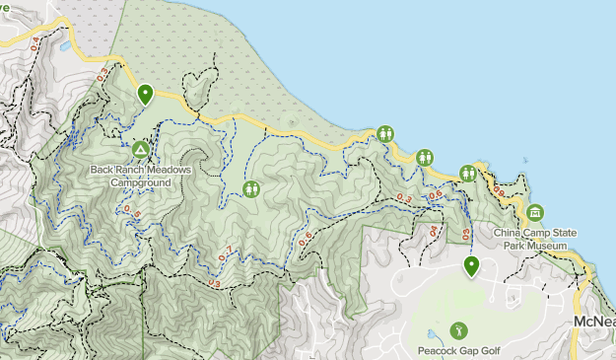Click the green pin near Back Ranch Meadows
(145, 94)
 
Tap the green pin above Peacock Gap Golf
(471, 264)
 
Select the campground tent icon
(140, 150)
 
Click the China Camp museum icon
(535, 212)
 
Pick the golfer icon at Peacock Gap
(457, 330)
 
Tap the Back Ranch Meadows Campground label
(140, 176)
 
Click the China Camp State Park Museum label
(535, 238)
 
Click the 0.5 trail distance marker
(132, 211)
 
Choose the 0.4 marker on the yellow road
(37, 43)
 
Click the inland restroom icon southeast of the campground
(251, 187)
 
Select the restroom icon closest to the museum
(467, 174)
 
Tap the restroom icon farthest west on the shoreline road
(385, 134)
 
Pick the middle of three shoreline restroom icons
(425, 156)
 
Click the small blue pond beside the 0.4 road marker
(65, 45)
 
